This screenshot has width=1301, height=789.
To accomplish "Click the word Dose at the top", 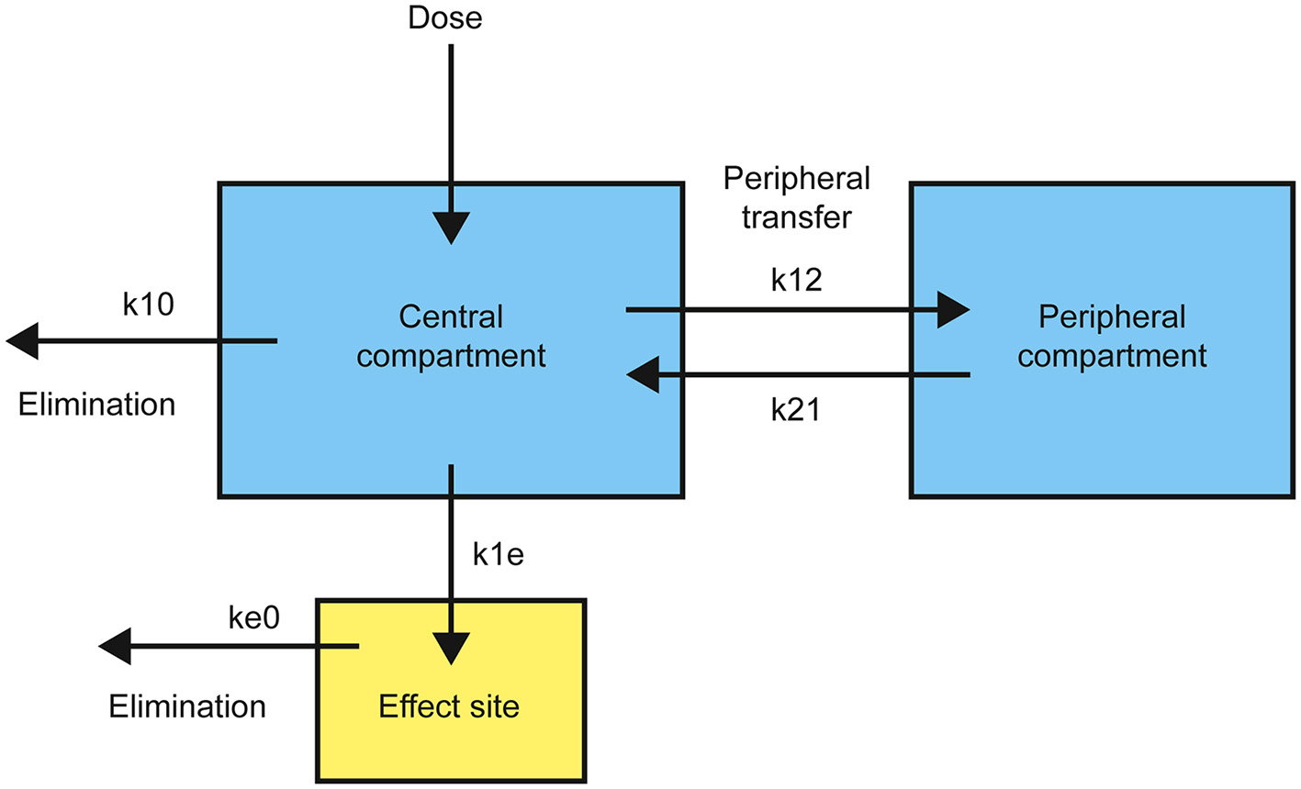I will (x=445, y=17).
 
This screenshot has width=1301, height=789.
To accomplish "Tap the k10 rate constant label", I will (x=148, y=304).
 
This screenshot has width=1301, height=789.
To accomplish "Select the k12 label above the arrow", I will (x=796, y=280).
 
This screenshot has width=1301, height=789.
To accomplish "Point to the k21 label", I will (x=795, y=409).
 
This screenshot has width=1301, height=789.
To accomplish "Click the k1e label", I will (x=498, y=554).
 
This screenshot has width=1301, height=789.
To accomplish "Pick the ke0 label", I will (x=253, y=617).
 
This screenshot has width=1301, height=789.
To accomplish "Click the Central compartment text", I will (x=451, y=336).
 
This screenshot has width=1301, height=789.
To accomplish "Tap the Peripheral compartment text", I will (x=1112, y=336).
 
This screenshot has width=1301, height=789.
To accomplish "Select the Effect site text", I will (x=449, y=706).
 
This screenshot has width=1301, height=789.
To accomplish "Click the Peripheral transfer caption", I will (x=796, y=197).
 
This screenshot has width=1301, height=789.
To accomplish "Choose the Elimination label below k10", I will (x=96, y=404).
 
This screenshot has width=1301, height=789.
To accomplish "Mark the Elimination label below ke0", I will (x=187, y=706).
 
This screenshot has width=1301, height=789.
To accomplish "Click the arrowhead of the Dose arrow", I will (x=451, y=228).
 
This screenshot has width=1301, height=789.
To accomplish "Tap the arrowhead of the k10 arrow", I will (x=24, y=341).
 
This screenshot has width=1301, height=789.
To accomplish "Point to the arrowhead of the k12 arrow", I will (x=952, y=310).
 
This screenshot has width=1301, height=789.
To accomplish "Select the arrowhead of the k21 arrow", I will (x=644, y=375).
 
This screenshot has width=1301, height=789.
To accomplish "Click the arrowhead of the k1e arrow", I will (x=451, y=649).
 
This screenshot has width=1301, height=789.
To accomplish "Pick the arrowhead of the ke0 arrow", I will (x=116, y=647).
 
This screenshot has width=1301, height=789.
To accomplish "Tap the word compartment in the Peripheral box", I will (x=1112, y=356).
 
